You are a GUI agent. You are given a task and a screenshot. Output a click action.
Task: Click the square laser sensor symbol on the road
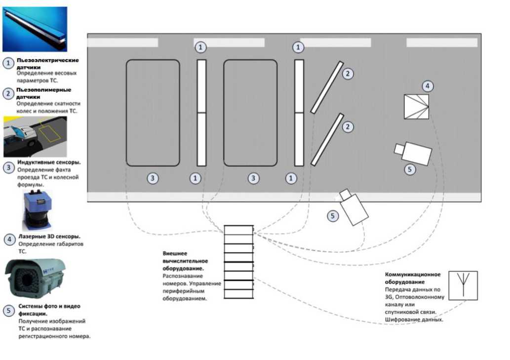416,107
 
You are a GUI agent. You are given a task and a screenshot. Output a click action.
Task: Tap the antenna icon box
463,285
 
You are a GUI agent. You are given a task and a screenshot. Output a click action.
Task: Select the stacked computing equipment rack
238,262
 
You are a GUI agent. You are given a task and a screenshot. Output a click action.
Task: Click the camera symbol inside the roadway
414,152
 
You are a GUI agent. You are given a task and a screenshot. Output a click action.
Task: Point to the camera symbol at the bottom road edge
353,207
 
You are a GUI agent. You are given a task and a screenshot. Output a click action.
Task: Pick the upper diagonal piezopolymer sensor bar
327,87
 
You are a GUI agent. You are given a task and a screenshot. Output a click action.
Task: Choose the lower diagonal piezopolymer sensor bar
327,139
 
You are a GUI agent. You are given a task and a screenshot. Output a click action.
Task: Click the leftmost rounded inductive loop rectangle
153,113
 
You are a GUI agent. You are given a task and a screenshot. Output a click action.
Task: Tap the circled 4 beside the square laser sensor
428,86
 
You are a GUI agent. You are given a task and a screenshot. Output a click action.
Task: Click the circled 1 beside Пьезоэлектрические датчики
8,64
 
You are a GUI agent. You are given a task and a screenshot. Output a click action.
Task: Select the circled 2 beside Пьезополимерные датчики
8,93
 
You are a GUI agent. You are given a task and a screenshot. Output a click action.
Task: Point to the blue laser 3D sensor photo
34,210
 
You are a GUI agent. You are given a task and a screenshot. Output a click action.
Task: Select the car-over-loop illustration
35,136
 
